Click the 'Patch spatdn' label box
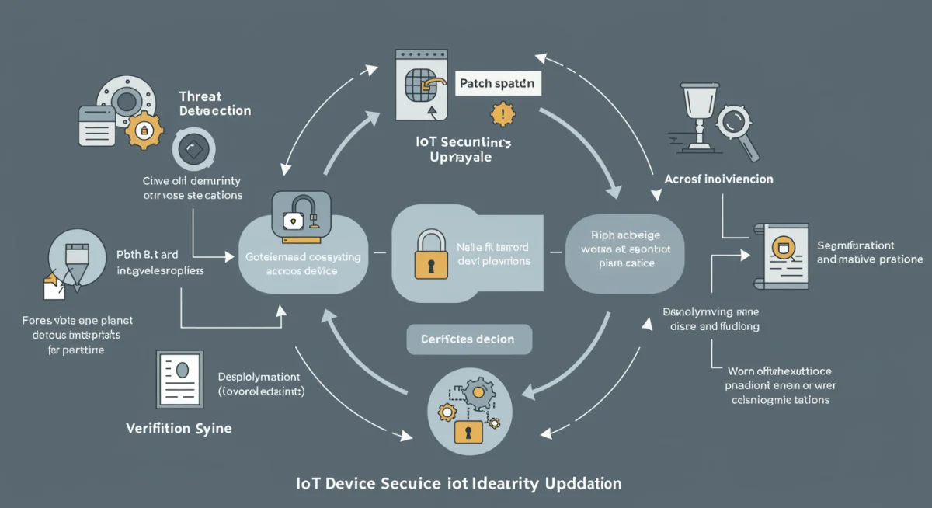tap(496, 83)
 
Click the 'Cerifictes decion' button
tap(469, 339)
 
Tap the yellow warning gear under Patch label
tap(503, 115)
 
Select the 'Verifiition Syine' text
tap(179, 428)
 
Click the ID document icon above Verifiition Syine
tap(180, 378)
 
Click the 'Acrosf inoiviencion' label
tap(718, 179)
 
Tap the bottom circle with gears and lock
tap(468, 411)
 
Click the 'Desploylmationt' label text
tap(259, 376)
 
